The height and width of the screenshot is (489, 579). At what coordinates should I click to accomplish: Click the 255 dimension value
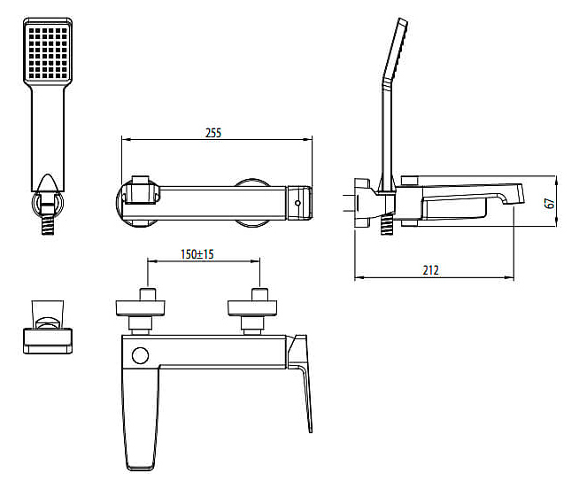[213, 133]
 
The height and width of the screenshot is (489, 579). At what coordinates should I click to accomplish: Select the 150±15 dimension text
[197, 254]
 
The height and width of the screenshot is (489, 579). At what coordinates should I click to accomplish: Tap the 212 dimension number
[430, 270]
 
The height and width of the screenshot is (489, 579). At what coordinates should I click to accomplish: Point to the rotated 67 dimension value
[550, 203]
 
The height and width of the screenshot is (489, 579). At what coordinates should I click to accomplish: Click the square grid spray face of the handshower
[48, 53]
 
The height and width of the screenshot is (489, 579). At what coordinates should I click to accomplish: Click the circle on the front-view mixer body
[140, 355]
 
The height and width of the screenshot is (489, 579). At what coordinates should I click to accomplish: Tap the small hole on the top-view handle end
[297, 203]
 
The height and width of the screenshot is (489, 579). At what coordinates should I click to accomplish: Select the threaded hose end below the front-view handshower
[48, 224]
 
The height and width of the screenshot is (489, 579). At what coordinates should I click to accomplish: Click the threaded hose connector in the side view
[386, 224]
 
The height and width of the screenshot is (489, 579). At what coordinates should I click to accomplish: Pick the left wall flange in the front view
[140, 308]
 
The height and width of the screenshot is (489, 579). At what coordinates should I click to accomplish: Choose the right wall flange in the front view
[252, 308]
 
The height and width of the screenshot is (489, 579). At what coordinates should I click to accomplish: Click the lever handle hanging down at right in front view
[300, 383]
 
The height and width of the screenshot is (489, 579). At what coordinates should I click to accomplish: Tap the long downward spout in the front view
[141, 417]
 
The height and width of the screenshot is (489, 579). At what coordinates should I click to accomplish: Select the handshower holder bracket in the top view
[141, 190]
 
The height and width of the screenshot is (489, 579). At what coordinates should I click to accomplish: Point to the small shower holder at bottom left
[48, 327]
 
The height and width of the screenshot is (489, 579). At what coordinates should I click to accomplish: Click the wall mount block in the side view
[363, 203]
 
